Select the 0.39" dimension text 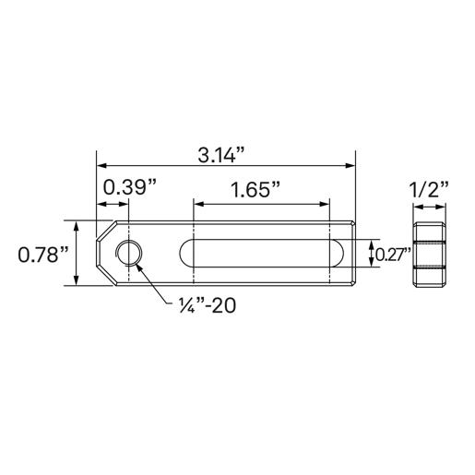[128, 187]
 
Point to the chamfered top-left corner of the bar [105, 229]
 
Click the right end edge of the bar [355, 254]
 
